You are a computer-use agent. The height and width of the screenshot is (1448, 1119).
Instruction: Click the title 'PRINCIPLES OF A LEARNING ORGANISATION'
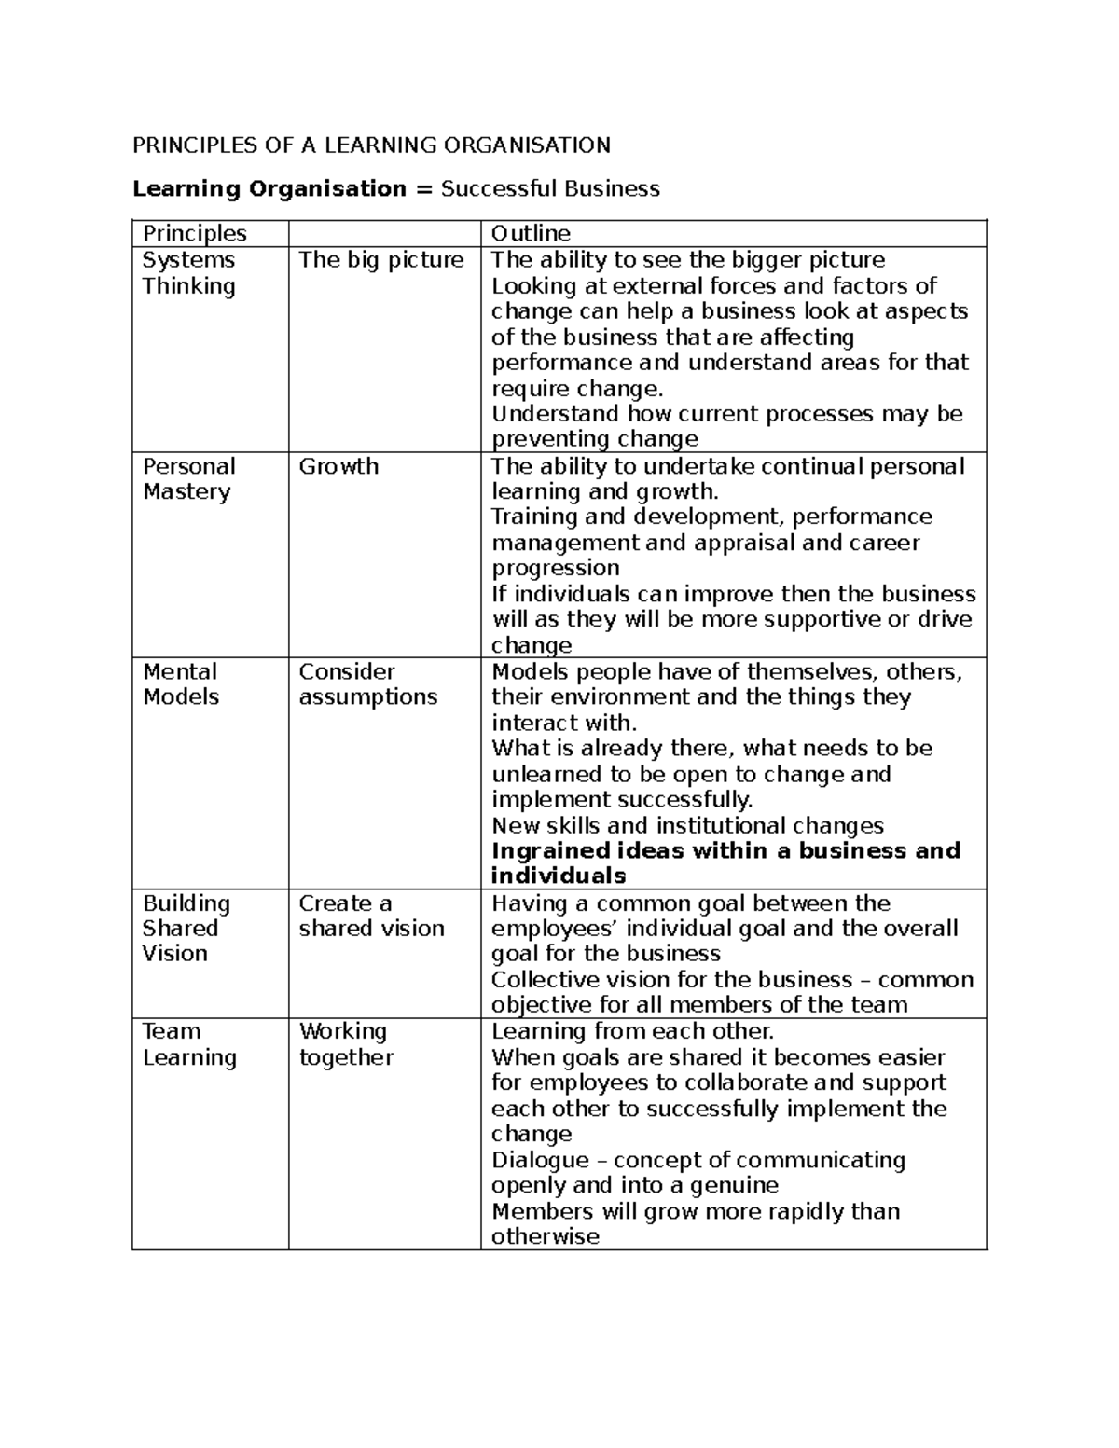[x=371, y=145]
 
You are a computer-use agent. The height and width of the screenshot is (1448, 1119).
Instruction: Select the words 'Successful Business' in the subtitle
[x=550, y=189]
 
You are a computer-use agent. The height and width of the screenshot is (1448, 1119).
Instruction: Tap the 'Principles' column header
[x=194, y=233]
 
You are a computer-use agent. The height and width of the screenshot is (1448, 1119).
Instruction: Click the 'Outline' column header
[x=531, y=233]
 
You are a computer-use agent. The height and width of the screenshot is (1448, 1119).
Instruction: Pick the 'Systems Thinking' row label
[x=188, y=273]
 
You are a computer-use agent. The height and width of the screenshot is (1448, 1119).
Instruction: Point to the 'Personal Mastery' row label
[x=188, y=479]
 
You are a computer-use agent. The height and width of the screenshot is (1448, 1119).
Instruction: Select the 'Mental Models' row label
[x=181, y=684]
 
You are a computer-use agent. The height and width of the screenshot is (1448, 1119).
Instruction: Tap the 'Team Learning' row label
[x=189, y=1044]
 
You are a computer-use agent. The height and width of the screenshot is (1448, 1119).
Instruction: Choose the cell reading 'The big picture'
[x=380, y=260]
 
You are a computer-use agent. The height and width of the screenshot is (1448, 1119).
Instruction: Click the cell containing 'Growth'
[x=338, y=466]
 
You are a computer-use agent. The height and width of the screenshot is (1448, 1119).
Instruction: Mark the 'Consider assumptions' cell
[x=367, y=684]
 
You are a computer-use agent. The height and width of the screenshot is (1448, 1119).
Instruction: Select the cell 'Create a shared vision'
[x=371, y=917]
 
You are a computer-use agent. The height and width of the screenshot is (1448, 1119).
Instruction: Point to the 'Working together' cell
[x=346, y=1044]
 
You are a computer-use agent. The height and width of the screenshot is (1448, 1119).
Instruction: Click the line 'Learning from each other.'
[x=632, y=1031]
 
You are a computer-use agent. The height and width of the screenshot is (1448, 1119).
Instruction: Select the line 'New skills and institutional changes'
[x=687, y=825]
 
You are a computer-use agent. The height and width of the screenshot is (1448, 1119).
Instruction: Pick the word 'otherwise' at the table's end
[x=545, y=1237]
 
